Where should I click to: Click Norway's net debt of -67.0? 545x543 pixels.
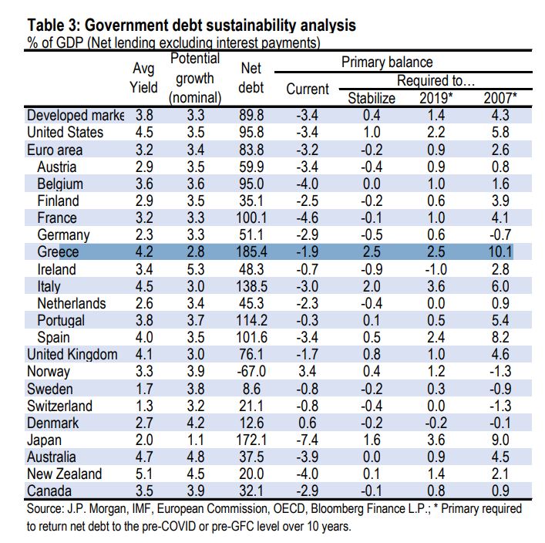coord(252,372)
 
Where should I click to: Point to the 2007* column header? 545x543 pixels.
coord(499,98)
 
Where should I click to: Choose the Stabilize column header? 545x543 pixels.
coord(372,98)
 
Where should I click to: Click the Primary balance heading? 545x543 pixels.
coord(387,62)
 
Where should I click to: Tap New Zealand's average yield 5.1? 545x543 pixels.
coord(143,474)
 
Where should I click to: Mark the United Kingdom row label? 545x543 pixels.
coord(72,355)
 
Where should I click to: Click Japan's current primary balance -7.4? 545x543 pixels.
coord(308,440)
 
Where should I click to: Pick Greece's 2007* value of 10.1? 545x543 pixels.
coord(499,252)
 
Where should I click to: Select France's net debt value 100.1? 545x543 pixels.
coord(252,218)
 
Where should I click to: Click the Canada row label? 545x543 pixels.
coord(51,491)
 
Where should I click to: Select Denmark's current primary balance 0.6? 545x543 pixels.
coord(308,423)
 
